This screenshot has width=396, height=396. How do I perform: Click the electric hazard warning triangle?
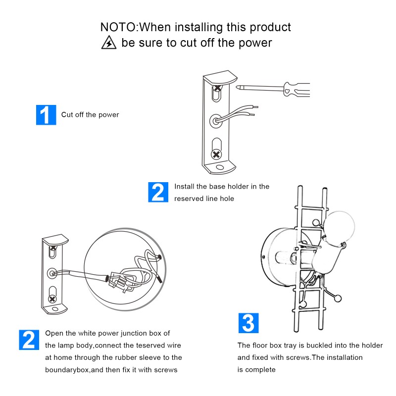[109, 43]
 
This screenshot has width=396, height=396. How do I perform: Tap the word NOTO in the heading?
[118, 27]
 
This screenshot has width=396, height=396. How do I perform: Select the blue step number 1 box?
[46, 115]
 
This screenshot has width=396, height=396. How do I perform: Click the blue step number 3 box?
[248, 323]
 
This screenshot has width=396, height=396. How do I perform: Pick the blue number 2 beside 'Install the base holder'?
[158, 192]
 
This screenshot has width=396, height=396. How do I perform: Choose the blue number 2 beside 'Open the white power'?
[29, 340]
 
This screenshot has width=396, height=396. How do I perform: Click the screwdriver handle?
[297, 90]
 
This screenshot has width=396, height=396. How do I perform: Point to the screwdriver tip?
[238, 88]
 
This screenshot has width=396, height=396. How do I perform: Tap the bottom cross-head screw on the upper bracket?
[216, 154]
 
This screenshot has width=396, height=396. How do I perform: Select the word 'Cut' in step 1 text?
[67, 115]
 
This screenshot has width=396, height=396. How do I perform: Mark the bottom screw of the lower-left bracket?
[52, 299]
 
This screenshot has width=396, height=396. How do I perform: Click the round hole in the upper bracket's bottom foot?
[220, 167]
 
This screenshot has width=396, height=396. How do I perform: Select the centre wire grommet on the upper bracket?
[216, 121]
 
